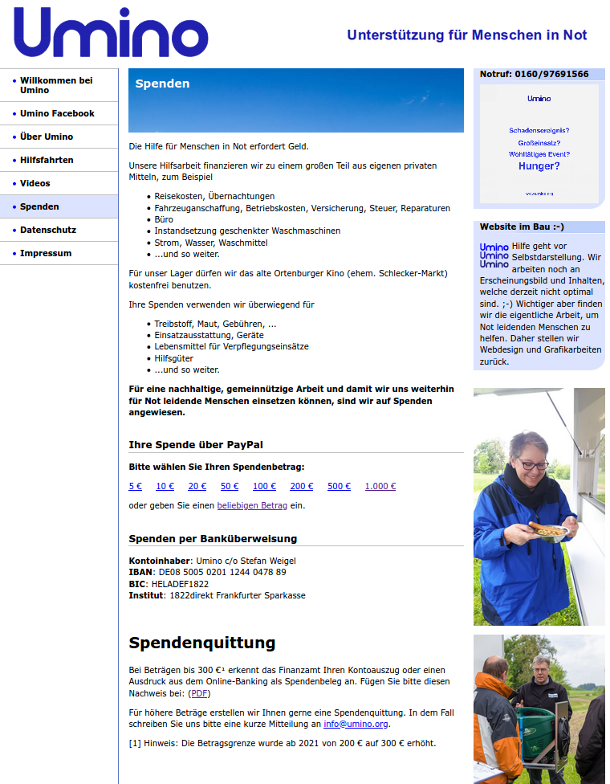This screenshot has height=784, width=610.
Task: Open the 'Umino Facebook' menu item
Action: [57, 113]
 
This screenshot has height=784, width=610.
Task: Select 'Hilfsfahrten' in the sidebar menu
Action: [47, 160]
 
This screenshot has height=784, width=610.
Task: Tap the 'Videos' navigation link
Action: [35, 183]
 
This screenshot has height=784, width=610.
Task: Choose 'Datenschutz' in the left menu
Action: [48, 230]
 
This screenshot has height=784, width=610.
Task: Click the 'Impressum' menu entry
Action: [46, 253]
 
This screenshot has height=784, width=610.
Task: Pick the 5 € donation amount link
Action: [135, 486]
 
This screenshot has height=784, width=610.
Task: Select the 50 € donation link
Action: [230, 486]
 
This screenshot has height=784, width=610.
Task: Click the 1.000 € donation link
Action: [380, 486]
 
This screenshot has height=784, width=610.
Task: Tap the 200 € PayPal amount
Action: [302, 486]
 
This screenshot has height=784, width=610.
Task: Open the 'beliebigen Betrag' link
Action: [252, 505]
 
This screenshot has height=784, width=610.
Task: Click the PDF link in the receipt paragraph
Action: [199, 693]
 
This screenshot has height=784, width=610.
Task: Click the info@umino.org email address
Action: [356, 724]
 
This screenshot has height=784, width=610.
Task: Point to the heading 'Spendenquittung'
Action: [201, 643]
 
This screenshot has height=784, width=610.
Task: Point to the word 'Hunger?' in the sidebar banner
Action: [539, 166]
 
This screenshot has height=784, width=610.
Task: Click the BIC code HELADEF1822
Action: [180, 584]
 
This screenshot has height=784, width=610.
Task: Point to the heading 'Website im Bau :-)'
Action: [522, 227]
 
